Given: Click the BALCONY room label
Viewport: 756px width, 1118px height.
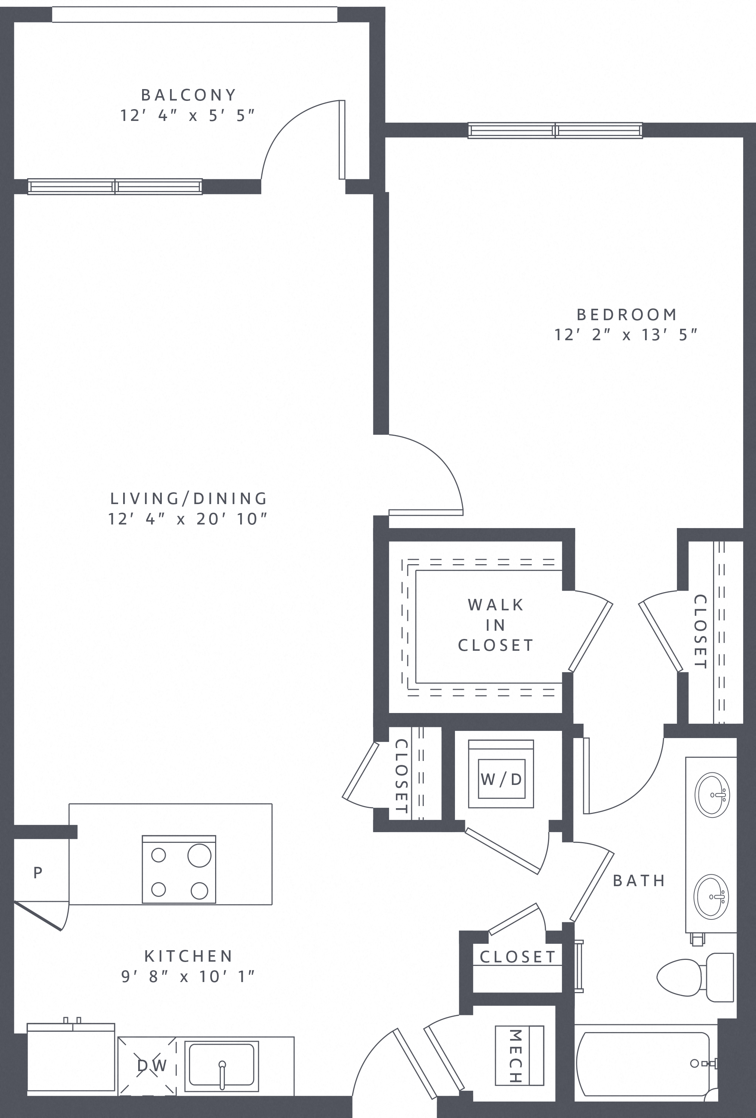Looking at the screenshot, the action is coord(189,95).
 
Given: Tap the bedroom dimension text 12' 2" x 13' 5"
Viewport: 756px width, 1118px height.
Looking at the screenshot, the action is coord(626,335).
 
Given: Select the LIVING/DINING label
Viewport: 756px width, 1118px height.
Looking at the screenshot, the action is coord(189,498).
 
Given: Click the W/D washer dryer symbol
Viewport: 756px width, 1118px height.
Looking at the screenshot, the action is coord(501,779).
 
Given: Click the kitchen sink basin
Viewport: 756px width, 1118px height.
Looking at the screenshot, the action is coord(221,1064).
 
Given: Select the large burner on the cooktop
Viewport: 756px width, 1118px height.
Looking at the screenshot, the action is coord(199,856).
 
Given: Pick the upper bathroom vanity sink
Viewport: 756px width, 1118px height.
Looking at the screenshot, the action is coord(712,795).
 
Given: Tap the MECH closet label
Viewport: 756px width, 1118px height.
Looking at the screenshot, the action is coord(515,1056).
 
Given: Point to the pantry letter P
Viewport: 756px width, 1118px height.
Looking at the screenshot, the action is coord(38,872).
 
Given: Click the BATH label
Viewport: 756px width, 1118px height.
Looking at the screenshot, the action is coord(639,880).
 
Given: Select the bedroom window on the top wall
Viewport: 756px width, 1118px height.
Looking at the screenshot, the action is coord(555,130).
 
